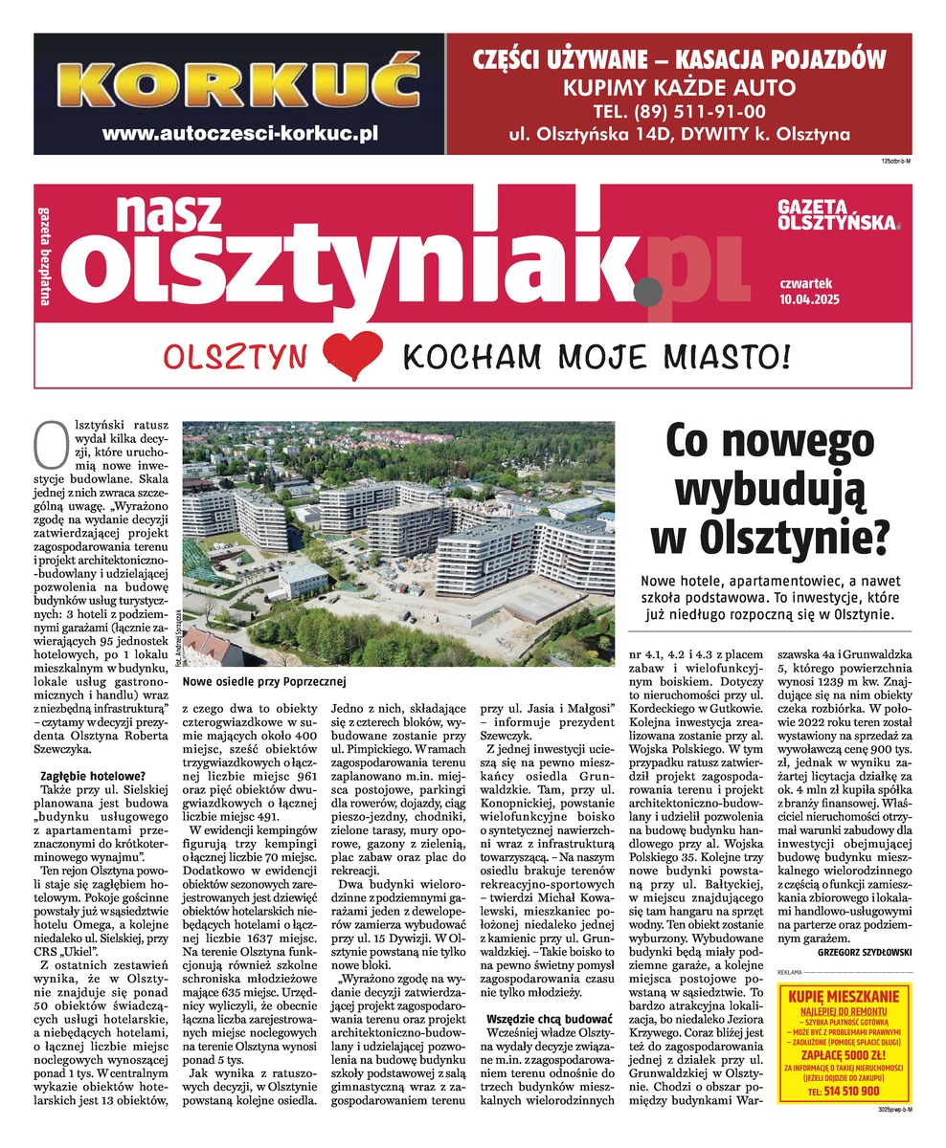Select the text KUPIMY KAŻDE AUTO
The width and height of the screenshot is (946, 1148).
(678, 87)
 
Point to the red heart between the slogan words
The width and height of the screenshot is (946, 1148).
(352, 356)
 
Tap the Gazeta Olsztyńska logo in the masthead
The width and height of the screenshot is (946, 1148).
(839, 215)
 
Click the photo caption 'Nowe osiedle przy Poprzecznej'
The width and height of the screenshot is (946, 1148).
(261, 681)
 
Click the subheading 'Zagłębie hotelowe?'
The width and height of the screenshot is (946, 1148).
(85, 775)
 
